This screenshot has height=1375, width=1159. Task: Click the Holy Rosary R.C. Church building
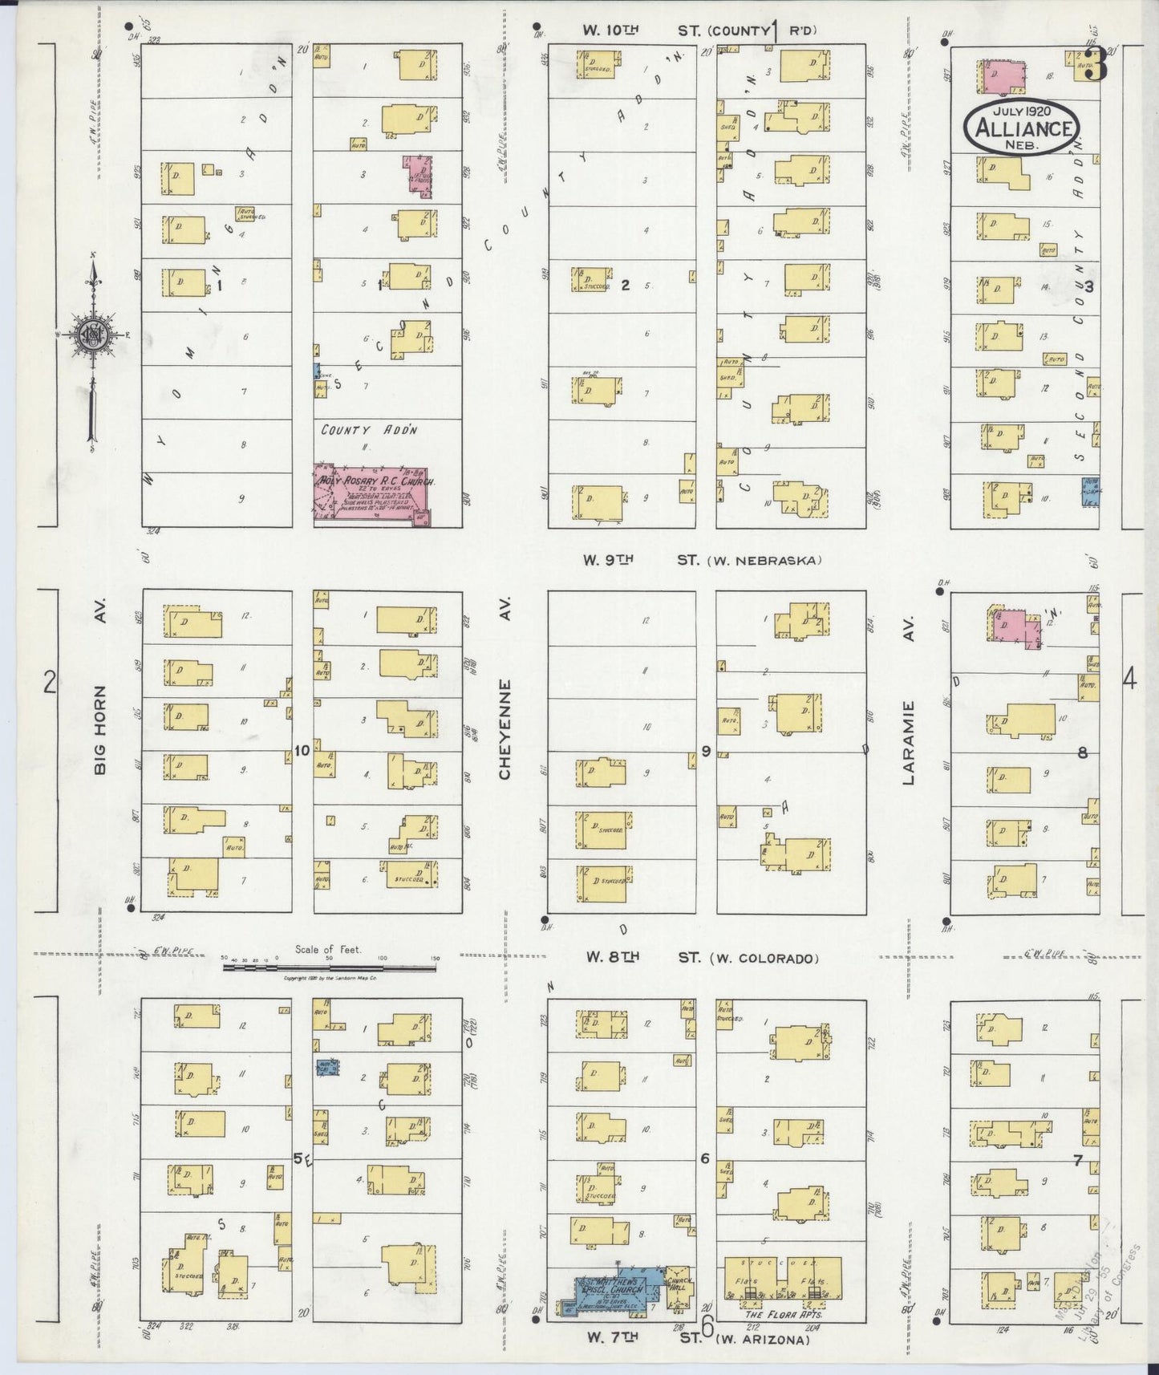pos(371,495)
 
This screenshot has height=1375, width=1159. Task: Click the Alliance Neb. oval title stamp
pos(1022,127)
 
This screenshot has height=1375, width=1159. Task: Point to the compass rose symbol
pos(94,335)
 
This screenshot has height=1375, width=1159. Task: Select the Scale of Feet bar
pos(329,967)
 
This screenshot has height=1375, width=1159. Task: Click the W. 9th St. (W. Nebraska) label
pos(702,560)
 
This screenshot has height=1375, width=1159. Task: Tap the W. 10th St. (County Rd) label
pos(699,30)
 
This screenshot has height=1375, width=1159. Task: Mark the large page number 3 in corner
pos(1096,65)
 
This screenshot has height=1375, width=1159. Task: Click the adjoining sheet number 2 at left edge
pos(50,683)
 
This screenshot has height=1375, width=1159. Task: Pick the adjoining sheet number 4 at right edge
pos(1129,680)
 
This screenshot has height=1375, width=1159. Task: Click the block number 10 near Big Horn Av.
pos(302,752)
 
